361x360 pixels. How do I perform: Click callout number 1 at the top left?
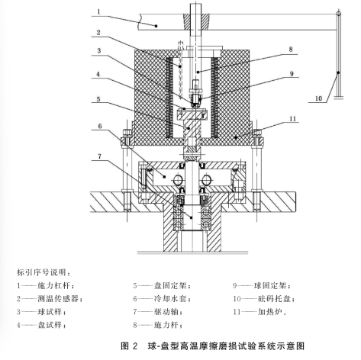pyautogui.click(x=98, y=11)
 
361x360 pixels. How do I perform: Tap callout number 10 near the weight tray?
pyautogui.click(x=319, y=98)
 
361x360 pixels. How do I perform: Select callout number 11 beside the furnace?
pyautogui.click(x=293, y=119)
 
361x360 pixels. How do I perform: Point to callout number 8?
pyautogui.click(x=291, y=50)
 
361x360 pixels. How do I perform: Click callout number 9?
pyautogui.click(x=292, y=74)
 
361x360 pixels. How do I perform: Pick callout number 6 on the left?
pyautogui.click(x=100, y=126)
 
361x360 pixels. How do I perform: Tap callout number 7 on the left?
pyautogui.click(x=100, y=156)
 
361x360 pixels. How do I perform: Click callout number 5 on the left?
pyautogui.click(x=98, y=98)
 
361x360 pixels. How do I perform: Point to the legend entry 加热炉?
pyautogui.click(x=270, y=312)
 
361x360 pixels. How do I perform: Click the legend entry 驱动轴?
pyautogui.click(x=166, y=312)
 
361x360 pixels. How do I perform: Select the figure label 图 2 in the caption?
pyautogui.click(x=129, y=346)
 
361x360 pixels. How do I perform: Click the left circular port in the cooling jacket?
pyautogui.click(x=178, y=180)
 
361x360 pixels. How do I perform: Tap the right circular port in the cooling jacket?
pyautogui.click(x=206, y=180)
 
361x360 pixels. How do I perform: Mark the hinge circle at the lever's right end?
pyautogui.click(x=338, y=13)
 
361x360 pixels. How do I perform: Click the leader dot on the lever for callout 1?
pyautogui.click(x=156, y=26)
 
